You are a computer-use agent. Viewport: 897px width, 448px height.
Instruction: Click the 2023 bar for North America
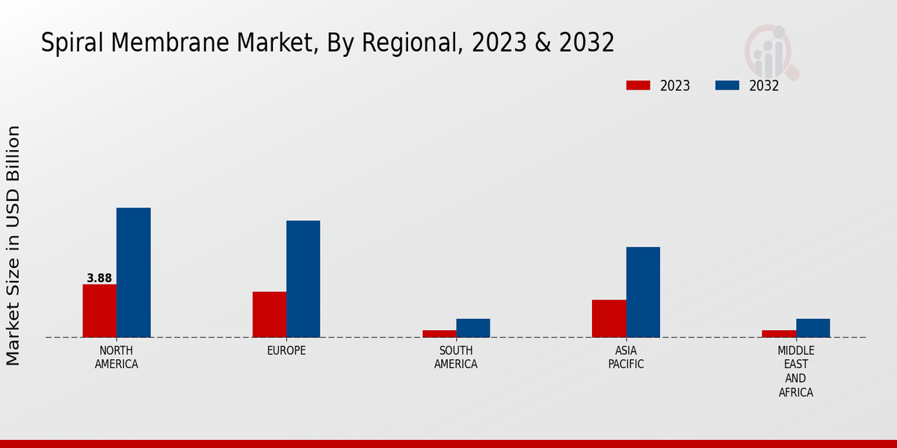(99, 311)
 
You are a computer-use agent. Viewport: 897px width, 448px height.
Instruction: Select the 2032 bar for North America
(133, 273)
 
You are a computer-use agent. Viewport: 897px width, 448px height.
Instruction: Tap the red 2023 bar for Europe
(269, 314)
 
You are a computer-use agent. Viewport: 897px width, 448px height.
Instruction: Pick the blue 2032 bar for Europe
(303, 279)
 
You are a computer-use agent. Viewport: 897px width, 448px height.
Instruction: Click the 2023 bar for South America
(439, 334)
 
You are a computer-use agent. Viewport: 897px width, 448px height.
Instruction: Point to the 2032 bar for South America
(473, 328)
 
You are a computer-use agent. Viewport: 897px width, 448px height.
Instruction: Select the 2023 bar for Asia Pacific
(608, 318)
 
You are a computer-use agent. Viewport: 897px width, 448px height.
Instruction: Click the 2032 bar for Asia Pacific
(643, 292)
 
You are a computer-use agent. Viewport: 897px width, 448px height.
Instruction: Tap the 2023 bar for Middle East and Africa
(779, 334)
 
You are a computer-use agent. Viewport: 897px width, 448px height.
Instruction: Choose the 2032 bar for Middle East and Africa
(813, 328)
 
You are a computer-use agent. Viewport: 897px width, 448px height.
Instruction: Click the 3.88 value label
(99, 279)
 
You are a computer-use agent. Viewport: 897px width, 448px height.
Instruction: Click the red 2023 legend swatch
(638, 85)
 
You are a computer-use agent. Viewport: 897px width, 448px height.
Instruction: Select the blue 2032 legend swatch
(727, 85)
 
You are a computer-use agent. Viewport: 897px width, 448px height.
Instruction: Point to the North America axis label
(117, 358)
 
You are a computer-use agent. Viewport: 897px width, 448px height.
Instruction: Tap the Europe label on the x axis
(286, 351)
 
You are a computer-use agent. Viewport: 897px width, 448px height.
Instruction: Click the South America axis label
(456, 358)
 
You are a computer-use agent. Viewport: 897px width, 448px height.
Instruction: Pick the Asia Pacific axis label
(626, 358)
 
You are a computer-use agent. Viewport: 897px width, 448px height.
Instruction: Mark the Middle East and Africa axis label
(796, 371)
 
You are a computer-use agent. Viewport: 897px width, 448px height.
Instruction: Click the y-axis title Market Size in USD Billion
(13, 246)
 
